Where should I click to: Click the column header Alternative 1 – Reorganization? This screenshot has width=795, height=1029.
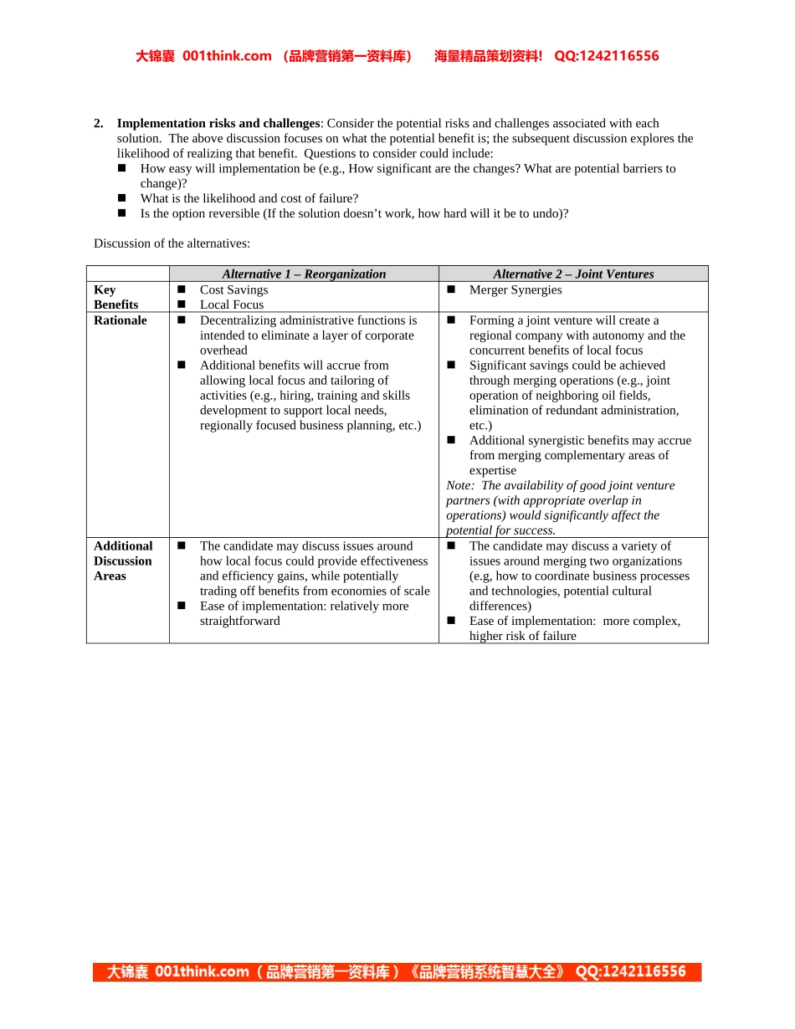coord(304,274)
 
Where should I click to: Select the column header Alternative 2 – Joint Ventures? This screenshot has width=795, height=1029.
coord(573,274)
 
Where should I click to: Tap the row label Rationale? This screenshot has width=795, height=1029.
coord(120,320)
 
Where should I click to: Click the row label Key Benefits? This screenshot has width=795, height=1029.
coord(116,297)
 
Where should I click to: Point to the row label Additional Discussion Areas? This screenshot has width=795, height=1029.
coord(123,561)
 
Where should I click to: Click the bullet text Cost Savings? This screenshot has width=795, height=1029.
coord(233,289)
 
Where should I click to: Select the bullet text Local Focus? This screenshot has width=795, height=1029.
coord(231,305)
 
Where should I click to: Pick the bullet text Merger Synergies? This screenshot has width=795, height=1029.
coord(515,289)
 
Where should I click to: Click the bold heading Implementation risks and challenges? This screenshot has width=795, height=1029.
coord(218,123)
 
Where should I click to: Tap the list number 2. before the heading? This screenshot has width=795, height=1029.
coord(99,123)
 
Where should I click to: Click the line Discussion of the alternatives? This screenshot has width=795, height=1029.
coord(172,243)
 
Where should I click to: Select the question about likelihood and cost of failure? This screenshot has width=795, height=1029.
coord(249,198)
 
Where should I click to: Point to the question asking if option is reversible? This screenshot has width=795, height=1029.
coord(354,213)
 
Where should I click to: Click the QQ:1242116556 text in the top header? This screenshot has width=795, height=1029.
coord(607,56)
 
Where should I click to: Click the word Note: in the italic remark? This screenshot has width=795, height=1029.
coord(459,485)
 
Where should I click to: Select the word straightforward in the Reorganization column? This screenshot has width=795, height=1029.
coord(239,621)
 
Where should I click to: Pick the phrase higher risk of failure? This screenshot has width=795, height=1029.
coord(522,636)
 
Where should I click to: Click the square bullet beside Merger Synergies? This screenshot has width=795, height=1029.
coord(450,289)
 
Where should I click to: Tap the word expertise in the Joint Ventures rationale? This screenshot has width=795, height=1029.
coord(492,470)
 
